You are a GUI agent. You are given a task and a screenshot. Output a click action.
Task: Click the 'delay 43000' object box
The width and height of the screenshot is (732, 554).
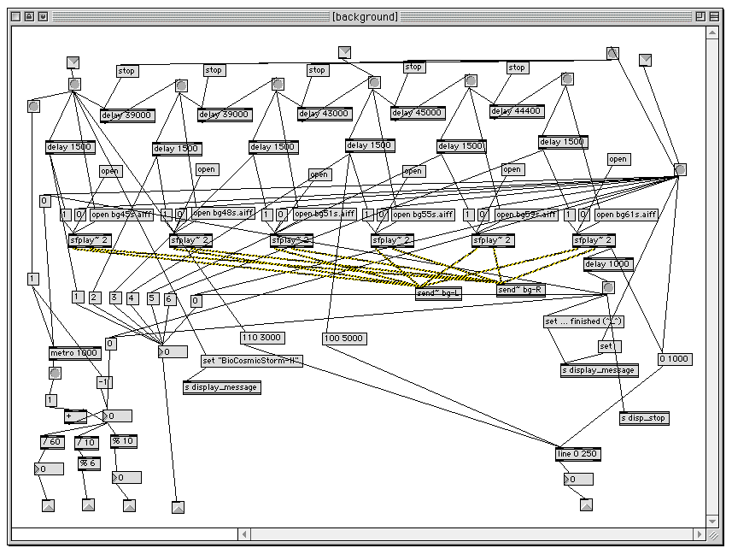point(325,114)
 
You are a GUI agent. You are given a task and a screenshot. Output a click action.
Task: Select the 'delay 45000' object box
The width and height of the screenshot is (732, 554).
point(418,113)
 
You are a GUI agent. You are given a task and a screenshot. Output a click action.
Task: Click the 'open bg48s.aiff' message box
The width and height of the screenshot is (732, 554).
point(223,213)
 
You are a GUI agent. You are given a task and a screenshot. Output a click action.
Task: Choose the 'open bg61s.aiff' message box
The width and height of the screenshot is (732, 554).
point(626,215)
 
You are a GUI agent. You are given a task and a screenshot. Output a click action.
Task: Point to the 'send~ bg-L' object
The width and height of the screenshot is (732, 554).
point(439,293)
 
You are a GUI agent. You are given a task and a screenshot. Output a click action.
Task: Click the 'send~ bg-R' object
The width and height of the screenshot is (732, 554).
point(520,290)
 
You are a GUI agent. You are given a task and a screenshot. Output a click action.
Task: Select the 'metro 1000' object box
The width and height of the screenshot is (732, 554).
point(74,353)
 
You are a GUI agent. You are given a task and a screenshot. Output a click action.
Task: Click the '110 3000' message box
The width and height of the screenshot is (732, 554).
point(261,338)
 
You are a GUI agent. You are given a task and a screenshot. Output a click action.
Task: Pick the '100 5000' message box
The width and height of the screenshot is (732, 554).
point(344,338)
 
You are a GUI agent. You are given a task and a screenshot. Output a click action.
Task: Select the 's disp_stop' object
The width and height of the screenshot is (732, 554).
point(644,419)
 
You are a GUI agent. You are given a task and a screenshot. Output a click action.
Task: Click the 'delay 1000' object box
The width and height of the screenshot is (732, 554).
point(608,264)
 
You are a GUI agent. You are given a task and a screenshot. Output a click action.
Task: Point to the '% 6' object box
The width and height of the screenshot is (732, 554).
point(89,463)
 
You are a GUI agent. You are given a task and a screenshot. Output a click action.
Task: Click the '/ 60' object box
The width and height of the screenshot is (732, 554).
point(52,442)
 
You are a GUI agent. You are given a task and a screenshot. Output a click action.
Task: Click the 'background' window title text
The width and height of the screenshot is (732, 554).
point(365,16)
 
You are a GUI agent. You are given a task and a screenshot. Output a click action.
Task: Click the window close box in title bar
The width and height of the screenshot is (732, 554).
point(15,16)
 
